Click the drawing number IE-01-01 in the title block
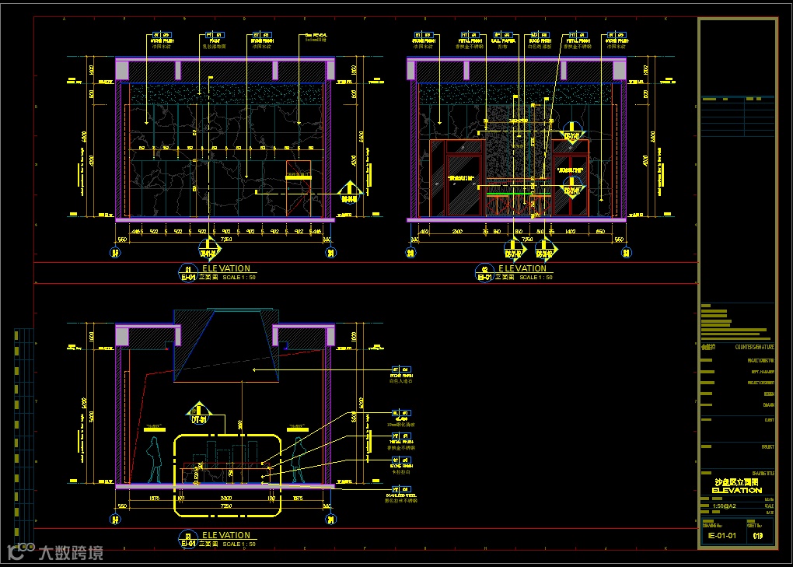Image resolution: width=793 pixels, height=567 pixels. point(721,535)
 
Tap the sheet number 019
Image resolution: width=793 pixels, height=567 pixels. point(757,535)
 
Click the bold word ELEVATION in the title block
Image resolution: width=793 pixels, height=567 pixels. point(737,491)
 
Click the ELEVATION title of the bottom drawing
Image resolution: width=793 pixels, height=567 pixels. point(226,535)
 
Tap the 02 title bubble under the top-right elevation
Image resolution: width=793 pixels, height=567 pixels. point(483,272)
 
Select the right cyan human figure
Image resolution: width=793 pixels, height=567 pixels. point(297,459)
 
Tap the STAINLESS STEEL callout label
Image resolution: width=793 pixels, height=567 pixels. point(401,495)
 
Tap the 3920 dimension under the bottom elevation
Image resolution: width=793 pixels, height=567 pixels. point(225,498)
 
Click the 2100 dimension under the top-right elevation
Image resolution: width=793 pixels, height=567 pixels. point(457,231)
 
